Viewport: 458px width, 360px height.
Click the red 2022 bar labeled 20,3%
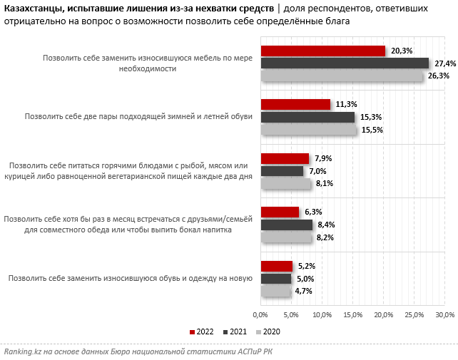[322, 51]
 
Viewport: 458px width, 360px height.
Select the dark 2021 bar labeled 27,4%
[345, 63]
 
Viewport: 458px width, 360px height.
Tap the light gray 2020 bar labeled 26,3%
[341, 76]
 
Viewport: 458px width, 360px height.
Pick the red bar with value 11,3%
[295, 104]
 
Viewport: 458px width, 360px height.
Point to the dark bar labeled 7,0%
[282, 171]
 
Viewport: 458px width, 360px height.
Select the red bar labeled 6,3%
[280, 212]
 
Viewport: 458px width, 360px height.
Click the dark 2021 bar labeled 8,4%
[286, 225]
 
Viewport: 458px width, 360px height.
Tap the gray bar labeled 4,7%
[275, 291]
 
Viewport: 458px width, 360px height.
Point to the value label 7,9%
[324, 158]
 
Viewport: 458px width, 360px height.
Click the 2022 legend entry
[203, 331]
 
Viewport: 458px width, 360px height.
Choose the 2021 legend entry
[237, 331]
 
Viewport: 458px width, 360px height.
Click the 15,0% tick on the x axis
[353, 314]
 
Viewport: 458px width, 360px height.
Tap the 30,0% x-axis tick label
[444, 314]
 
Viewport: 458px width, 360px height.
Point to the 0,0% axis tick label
[260, 314]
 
